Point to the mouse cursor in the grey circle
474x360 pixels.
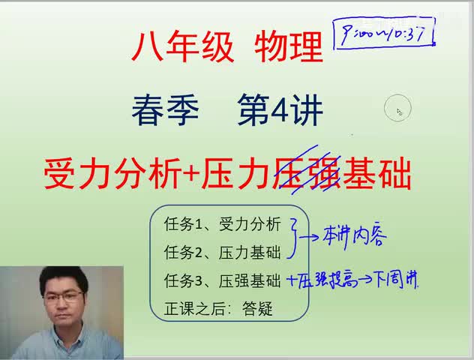400,111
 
